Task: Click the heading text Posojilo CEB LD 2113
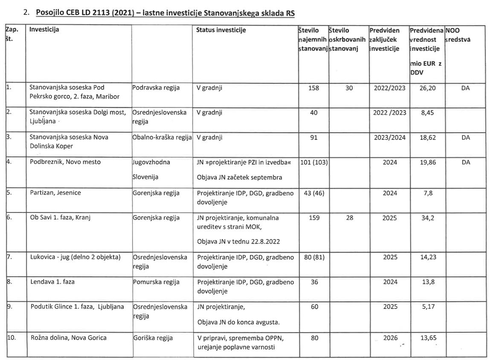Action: (x=165, y=13)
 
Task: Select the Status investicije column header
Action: (x=221, y=30)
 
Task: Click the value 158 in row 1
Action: (x=313, y=88)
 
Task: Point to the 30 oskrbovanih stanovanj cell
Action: (x=349, y=88)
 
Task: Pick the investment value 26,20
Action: (x=426, y=88)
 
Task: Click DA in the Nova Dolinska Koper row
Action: (x=466, y=138)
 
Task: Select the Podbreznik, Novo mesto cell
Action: (x=65, y=162)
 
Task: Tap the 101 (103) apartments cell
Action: (x=313, y=162)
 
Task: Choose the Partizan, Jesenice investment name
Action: (x=55, y=193)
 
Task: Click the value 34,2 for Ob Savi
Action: (x=426, y=218)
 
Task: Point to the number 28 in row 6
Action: (x=349, y=218)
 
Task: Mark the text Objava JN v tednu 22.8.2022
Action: (x=239, y=242)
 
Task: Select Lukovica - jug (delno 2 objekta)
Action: (x=75, y=257)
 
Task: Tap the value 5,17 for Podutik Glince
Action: (x=426, y=307)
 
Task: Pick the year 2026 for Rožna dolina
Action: (x=390, y=338)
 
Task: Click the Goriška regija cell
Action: (x=153, y=338)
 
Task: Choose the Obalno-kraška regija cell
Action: (x=162, y=138)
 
